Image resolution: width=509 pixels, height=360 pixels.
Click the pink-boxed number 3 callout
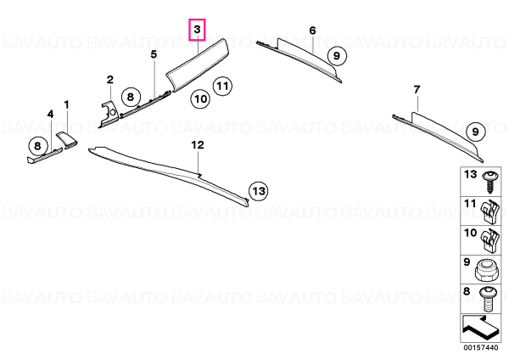(198, 30)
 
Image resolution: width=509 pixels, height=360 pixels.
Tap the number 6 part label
(312, 31)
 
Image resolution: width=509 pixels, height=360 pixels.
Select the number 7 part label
(417, 89)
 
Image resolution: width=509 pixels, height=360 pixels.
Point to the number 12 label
(198, 145)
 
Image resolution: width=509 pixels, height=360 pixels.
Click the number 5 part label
(154, 54)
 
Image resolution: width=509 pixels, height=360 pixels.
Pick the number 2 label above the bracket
(110, 80)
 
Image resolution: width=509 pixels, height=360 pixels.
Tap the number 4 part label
(50, 114)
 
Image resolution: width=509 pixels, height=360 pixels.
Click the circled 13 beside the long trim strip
(259, 191)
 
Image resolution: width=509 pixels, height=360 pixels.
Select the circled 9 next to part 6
(337, 56)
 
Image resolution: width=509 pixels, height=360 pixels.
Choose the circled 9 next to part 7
(475, 132)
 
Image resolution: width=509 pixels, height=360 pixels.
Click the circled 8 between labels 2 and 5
(131, 97)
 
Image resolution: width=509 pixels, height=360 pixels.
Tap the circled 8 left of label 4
(37, 145)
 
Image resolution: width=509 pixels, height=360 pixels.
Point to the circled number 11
(222, 87)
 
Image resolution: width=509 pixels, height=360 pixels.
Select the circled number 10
(200, 98)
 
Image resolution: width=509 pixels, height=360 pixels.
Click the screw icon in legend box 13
(489, 182)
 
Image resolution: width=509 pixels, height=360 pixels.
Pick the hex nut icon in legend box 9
(485, 270)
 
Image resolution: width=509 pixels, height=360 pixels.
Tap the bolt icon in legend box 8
(487, 299)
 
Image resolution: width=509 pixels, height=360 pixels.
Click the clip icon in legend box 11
(489, 211)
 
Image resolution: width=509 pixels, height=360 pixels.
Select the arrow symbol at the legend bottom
(479, 328)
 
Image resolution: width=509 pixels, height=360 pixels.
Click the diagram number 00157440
(480, 348)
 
